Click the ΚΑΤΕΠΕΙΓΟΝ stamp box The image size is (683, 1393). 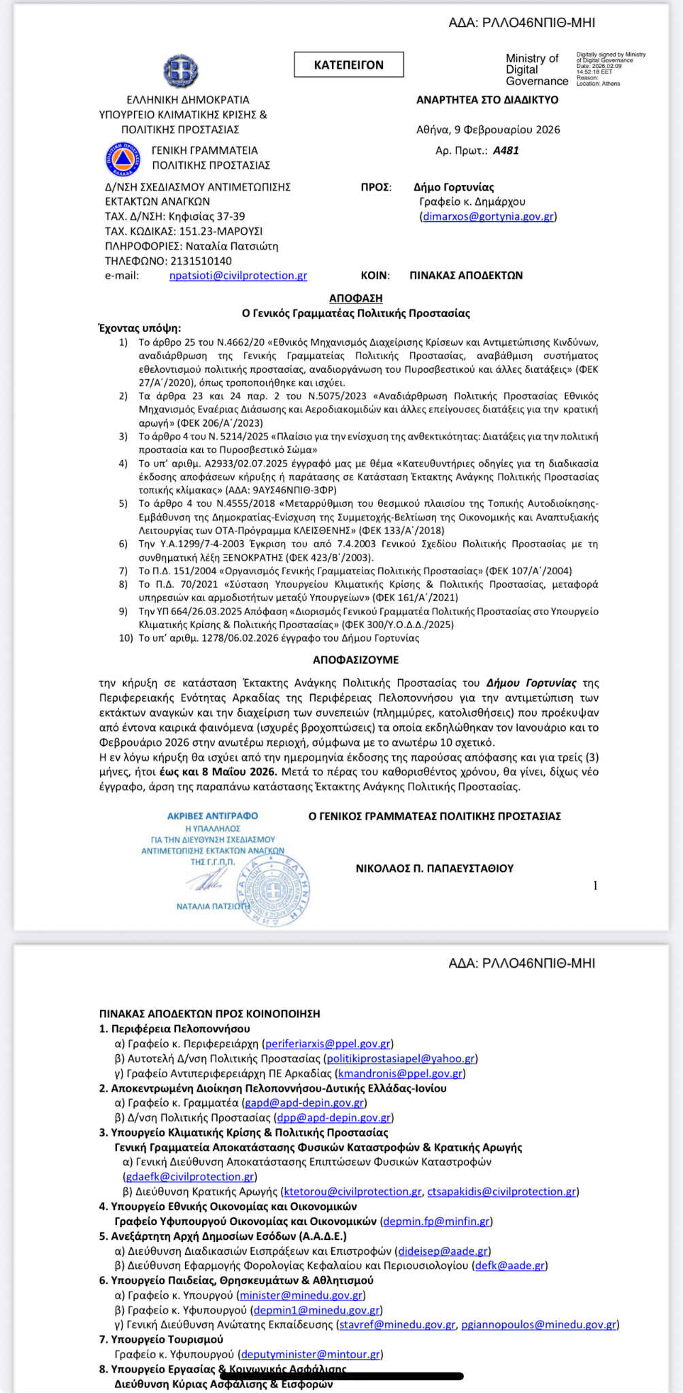pos(348,65)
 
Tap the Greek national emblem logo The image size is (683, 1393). pos(180,70)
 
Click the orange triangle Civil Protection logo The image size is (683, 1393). pos(123,159)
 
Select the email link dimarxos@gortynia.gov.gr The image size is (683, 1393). pos(488,216)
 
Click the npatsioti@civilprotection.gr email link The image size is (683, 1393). pos(238,276)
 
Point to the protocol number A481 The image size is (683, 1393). pos(505,150)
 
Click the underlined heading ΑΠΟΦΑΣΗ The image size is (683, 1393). pos(356,298)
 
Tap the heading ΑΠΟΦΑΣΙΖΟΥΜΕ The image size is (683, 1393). pos(356,660)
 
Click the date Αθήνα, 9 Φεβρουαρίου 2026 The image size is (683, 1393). pos(488,129)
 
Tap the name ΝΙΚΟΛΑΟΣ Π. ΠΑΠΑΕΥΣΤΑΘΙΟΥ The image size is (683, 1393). pos(435,868)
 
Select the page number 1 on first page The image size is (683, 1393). pos(595,885)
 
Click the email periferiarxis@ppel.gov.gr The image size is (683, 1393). pos(328,1044)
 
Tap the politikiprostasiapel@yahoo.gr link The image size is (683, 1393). pos(401,1059)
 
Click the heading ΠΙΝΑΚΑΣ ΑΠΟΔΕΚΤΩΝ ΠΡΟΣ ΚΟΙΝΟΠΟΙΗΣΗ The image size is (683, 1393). pos(210,1014)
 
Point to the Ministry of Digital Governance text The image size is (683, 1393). pos(536,70)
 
